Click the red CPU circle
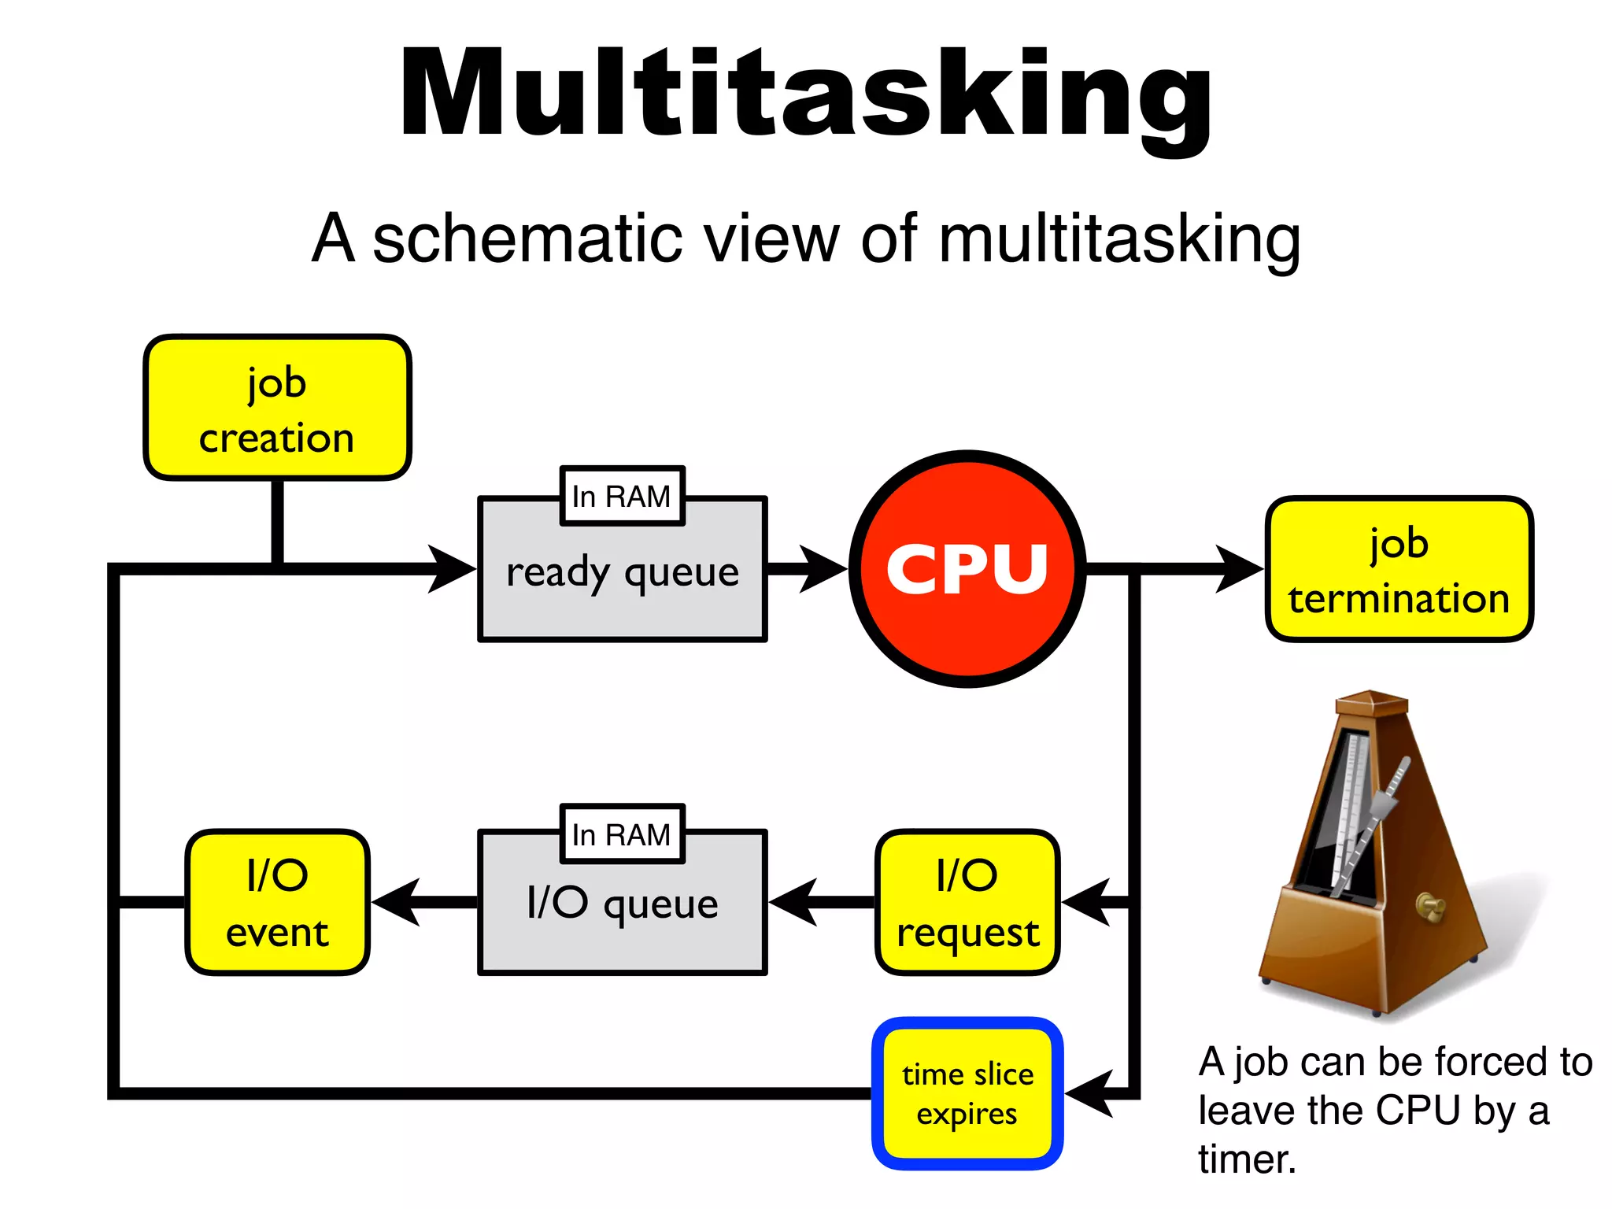coord(967,568)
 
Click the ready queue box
coord(622,582)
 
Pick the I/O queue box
coord(622,913)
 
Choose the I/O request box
coord(967,903)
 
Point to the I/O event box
coord(277,903)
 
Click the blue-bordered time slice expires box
coord(967,1093)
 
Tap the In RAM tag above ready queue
coord(622,496)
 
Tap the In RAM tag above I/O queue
coord(622,834)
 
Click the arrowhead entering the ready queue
coord(453,568)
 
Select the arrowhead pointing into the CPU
coord(823,568)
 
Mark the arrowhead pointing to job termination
coord(1239,568)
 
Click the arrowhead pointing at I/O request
coord(1085,902)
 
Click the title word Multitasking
coord(806,94)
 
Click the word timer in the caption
coord(1246,1159)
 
